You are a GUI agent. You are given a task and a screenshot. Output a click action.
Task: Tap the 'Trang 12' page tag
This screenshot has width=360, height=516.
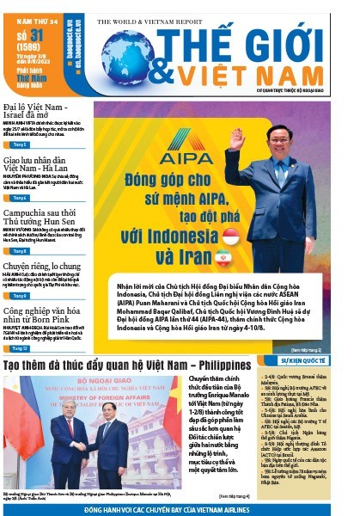(19, 348)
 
